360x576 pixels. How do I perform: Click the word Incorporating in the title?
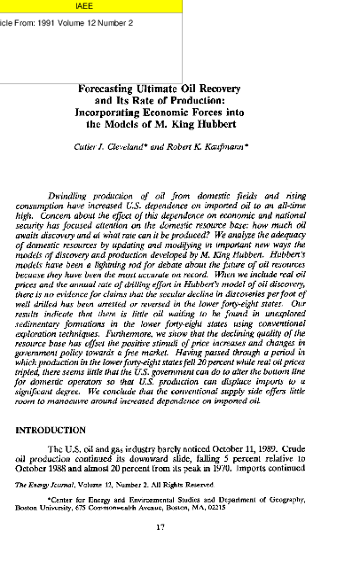pyautogui.click(x=119, y=113)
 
